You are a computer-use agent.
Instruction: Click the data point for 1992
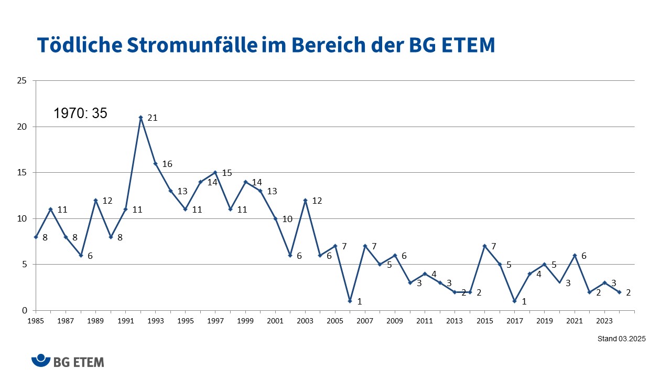(140, 118)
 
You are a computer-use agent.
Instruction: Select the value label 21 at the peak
(153, 118)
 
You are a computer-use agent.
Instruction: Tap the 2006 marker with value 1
(350, 301)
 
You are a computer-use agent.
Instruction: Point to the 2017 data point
(514, 301)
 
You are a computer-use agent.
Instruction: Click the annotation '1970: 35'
(80, 113)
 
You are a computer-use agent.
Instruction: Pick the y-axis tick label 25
(23, 81)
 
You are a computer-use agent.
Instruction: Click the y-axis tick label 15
(23, 173)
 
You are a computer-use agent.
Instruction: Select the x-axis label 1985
(36, 320)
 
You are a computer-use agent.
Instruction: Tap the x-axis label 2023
(604, 320)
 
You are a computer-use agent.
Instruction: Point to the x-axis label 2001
(275, 320)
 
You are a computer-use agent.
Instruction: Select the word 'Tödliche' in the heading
(79, 46)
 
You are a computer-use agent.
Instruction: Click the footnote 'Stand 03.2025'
(621, 339)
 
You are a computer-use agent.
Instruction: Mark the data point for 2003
(305, 200)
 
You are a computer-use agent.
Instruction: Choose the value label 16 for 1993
(167, 164)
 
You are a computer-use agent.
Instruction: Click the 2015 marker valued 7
(484, 246)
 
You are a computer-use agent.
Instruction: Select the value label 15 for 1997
(227, 173)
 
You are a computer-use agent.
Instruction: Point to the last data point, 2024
(619, 292)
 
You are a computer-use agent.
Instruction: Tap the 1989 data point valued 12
(95, 200)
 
